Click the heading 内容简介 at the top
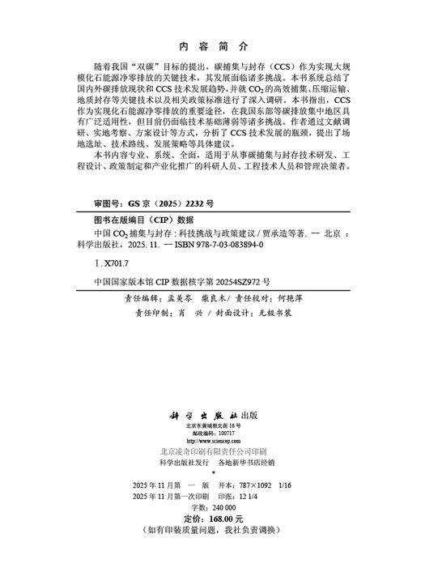click(210, 47)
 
